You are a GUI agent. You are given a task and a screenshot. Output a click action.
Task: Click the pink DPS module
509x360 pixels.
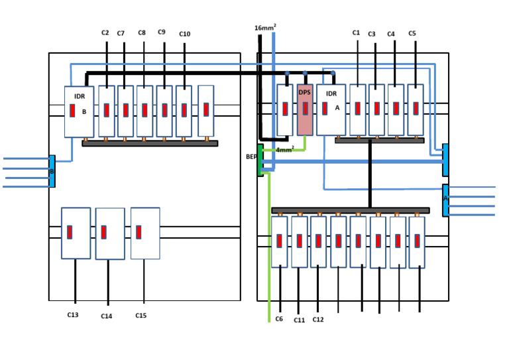pyautogui.click(x=305, y=109)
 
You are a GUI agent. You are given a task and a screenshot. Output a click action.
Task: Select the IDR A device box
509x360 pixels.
pyautogui.click(x=331, y=109)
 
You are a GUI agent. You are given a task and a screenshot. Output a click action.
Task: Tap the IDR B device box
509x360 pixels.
pyautogui.click(x=80, y=111)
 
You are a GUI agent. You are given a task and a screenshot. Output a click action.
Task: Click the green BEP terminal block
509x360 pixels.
pyautogui.click(x=260, y=160)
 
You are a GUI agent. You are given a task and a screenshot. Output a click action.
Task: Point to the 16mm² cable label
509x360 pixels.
pyautogui.click(x=265, y=28)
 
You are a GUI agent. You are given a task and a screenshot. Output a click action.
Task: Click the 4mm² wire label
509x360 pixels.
pyautogui.click(x=285, y=150)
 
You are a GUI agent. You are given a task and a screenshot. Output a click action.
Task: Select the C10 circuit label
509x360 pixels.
pyautogui.click(x=184, y=34)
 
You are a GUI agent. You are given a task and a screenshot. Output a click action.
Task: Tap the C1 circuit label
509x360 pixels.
pyautogui.click(x=356, y=32)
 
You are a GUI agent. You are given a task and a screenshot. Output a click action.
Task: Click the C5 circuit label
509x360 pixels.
pyautogui.click(x=412, y=33)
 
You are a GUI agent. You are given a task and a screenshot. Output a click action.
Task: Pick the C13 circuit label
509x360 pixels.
pyautogui.click(x=73, y=315)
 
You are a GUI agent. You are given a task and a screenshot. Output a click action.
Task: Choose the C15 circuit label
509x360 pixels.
pyautogui.click(x=141, y=316)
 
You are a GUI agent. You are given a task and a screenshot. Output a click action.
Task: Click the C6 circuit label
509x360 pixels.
pyautogui.click(x=279, y=319)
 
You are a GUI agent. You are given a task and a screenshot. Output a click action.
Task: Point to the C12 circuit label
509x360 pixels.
pyautogui.click(x=318, y=320)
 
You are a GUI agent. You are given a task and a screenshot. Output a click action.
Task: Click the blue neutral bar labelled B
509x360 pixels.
pyautogui.click(x=52, y=171)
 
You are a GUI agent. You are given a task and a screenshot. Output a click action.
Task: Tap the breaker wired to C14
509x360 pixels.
pyautogui.click(x=110, y=234)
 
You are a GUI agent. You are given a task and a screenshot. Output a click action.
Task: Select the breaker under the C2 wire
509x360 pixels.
pyautogui.click(x=107, y=111)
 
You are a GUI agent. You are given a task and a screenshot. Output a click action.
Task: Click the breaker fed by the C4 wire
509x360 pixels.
pyautogui.click(x=396, y=109)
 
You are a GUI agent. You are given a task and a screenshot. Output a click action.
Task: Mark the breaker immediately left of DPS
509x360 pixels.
pyautogui.click(x=285, y=109)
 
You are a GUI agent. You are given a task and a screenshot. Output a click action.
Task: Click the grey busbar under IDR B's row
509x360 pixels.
pyautogui.click(x=150, y=143)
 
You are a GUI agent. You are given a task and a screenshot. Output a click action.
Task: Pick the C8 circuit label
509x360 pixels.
pyautogui.click(x=142, y=32)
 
